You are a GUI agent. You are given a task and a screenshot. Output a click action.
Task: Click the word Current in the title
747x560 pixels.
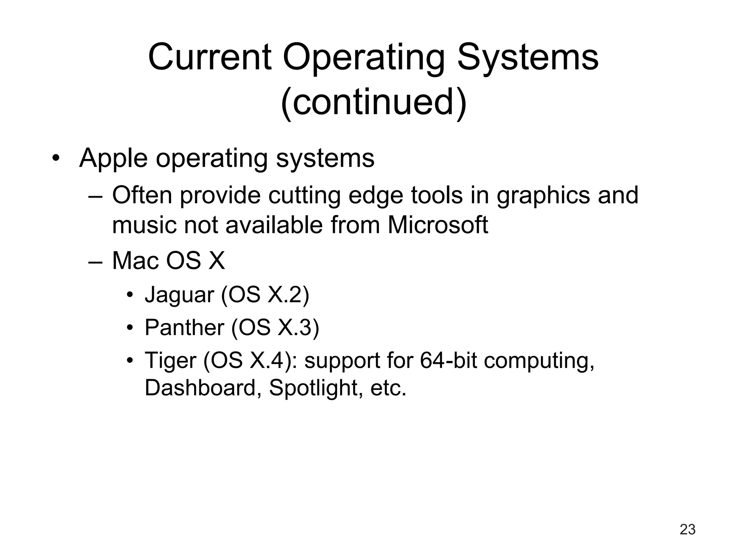tap(210, 58)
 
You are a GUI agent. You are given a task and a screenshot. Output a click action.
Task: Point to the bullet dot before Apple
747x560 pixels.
tap(55, 159)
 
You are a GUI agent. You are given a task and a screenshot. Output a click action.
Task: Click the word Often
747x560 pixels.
tap(142, 195)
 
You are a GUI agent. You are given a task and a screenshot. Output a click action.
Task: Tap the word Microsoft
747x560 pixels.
tap(437, 225)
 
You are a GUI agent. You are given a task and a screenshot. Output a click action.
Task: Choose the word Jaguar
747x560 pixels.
tap(179, 295)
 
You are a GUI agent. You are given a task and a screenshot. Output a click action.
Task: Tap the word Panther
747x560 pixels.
tap(184, 327)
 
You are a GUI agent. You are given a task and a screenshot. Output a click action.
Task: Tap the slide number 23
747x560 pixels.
tap(688, 529)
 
